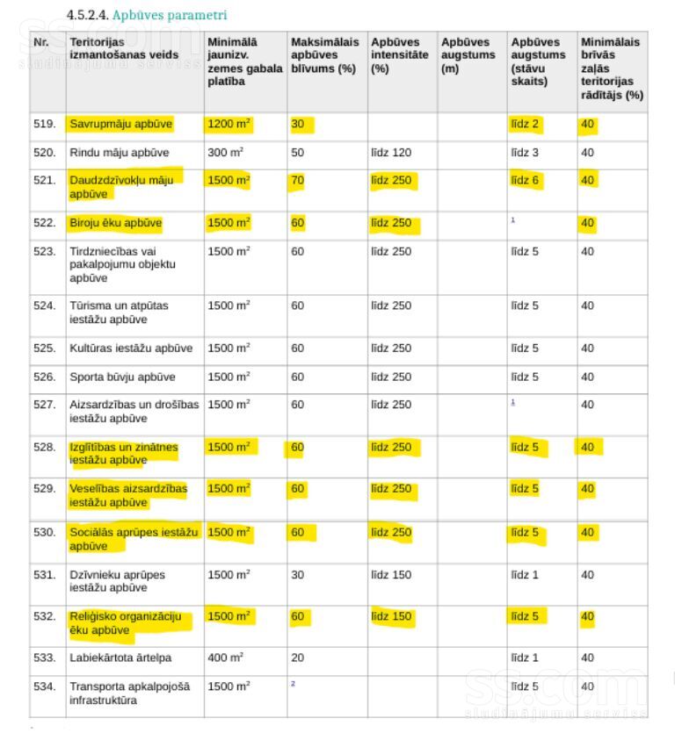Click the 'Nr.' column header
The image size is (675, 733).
pos(40,42)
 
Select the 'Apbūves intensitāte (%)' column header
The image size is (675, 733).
pos(400,54)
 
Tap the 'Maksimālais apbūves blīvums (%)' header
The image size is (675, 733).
pos(324,54)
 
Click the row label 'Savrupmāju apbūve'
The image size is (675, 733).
pos(120,124)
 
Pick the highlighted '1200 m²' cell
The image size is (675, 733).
pos(229,124)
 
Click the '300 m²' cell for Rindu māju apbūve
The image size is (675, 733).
pos(225,153)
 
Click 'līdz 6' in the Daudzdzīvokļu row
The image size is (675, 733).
pos(526,180)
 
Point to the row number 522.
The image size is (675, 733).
pos(44,223)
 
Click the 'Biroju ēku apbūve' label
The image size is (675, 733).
pos(115,223)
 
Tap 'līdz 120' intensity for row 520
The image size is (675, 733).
pos(390,153)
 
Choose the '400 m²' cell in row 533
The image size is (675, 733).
pos(225,658)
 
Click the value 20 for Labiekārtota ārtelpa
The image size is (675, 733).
pos(297,658)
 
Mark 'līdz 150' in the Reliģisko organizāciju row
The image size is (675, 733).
pos(390,616)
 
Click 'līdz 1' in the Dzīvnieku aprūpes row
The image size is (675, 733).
pos(525,575)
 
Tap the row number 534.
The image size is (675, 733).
pos(44,686)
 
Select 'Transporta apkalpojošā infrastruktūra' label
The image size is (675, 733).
pos(129,693)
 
